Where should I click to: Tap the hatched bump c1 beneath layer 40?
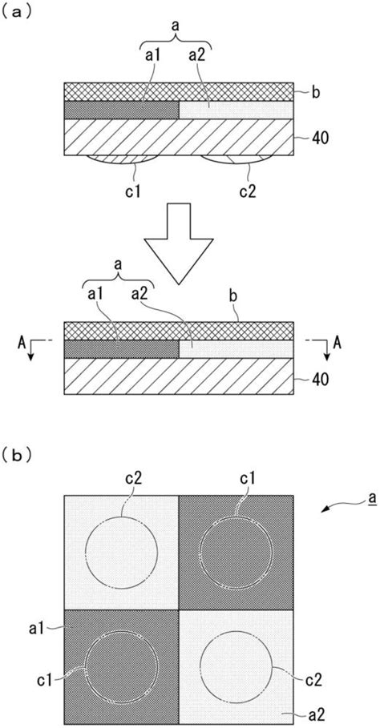click(122, 159)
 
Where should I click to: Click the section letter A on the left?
click(22, 344)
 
